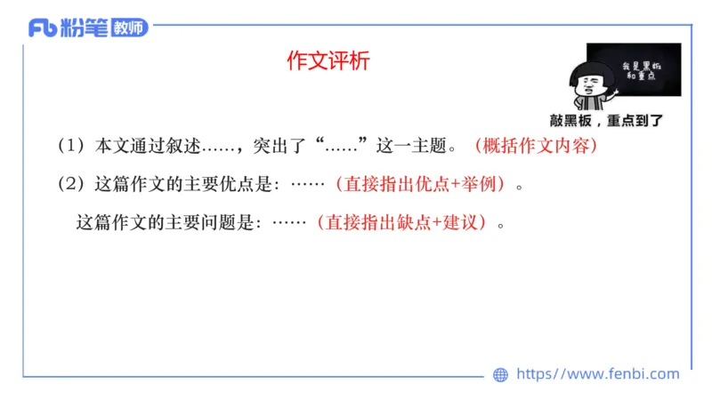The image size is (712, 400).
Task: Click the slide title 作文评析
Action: coord(328,60)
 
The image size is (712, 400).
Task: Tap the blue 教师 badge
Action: coord(129,28)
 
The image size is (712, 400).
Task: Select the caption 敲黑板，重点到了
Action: coord(606,120)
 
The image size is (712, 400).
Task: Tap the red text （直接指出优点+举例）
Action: coord(422,185)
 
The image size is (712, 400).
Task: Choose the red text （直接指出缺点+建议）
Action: coord(404,223)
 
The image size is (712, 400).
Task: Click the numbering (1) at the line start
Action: coord(69,146)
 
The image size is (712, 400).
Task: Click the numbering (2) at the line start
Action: coord(69,185)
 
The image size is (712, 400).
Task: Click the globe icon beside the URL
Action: coord(501,374)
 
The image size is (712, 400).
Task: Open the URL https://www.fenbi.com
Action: coord(597,374)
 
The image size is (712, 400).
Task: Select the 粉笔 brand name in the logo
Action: coord(85,28)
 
